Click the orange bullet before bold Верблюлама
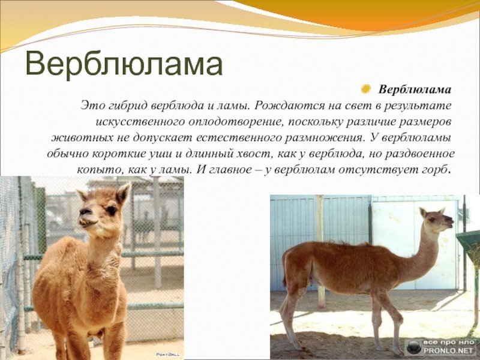click(x=365, y=89)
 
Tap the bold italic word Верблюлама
click(x=415, y=89)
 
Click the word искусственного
click(x=140, y=122)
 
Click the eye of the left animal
click(x=112, y=211)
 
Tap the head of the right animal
click(x=436, y=219)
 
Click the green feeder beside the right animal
click(x=469, y=245)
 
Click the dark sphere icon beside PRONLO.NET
click(x=414, y=347)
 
